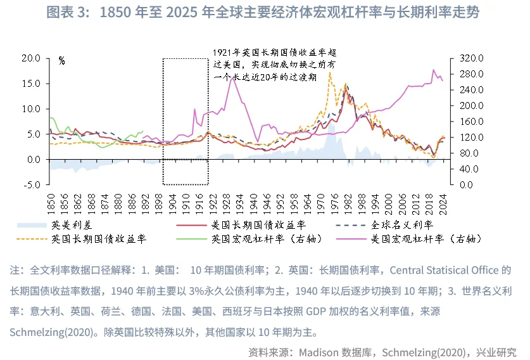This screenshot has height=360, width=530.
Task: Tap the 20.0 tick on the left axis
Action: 31,58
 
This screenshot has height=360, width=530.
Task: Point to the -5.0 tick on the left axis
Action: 31,185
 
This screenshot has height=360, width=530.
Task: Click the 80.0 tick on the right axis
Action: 467,153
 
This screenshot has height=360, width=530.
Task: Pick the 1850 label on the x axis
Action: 51,204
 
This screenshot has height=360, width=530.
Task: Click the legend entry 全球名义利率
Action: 400,225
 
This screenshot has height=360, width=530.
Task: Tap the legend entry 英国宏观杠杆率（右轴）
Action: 266,239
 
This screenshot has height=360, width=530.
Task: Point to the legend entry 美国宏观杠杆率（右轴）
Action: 426,239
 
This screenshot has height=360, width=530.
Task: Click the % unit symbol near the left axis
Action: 61,61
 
